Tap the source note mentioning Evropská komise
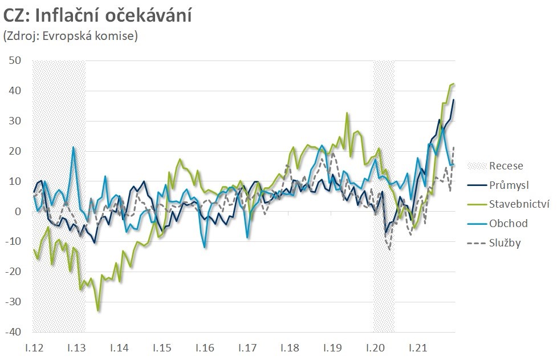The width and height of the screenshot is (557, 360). pos(71,36)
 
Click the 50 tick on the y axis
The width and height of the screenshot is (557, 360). pos(15,60)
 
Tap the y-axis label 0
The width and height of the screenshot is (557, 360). pos(18,212)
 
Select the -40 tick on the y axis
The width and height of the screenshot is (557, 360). pos(13,332)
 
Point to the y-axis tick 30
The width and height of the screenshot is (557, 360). pos(15,121)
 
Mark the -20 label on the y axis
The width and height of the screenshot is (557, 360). pos(13,272)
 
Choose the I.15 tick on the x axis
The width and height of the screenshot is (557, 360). pos(162,347)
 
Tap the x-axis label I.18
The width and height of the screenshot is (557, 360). pos(290,347)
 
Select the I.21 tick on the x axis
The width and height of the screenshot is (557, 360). pos(418,347)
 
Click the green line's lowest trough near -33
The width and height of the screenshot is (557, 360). pos(99,310)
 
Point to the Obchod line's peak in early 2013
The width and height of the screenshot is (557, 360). pos(74,147)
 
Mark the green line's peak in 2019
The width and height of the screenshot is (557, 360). pos(347,113)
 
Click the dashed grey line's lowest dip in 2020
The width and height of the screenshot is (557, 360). pos(390,249)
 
